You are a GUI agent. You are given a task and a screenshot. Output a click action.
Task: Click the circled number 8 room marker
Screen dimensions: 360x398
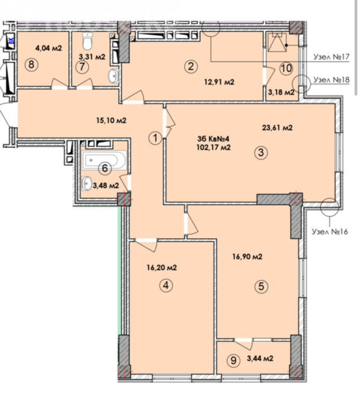[x=31, y=65]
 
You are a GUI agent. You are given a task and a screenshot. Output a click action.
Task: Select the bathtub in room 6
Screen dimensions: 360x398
[x=104, y=160]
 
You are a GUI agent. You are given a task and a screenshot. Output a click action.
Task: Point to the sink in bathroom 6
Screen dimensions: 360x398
[x=87, y=183]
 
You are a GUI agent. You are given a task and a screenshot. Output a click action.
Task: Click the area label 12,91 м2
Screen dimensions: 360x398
[x=219, y=82]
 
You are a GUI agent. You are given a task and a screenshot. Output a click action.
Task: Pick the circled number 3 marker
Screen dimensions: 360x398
[x=261, y=153]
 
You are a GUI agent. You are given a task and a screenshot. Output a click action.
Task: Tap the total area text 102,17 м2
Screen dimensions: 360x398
[x=214, y=147]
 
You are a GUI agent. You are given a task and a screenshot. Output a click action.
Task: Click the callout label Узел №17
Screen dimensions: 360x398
[x=331, y=57]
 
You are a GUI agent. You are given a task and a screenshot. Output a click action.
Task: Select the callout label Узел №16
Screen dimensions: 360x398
[x=329, y=231]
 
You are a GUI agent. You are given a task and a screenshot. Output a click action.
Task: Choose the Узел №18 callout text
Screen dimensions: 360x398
[x=331, y=80]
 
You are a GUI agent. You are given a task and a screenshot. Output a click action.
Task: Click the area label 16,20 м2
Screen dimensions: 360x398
[x=161, y=268]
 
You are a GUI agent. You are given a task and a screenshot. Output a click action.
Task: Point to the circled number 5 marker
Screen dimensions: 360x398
[x=261, y=287]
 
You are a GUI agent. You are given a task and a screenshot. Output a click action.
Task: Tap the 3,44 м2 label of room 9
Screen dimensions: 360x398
[x=260, y=358]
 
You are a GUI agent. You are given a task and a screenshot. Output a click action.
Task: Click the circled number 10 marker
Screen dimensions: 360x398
[x=286, y=68]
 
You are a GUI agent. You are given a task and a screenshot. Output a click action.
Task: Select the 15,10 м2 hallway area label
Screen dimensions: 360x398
[x=111, y=120]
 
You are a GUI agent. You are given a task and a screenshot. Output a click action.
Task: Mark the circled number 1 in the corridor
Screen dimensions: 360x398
[x=155, y=138]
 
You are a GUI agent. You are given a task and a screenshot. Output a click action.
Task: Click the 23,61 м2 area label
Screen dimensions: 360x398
[x=277, y=127]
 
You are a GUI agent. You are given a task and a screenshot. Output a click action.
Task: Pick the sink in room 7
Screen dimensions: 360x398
[x=114, y=76]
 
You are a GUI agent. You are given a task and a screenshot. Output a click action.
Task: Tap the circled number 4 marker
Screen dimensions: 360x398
[x=166, y=285]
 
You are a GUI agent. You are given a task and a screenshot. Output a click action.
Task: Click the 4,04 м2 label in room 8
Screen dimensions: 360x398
[x=49, y=48]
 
